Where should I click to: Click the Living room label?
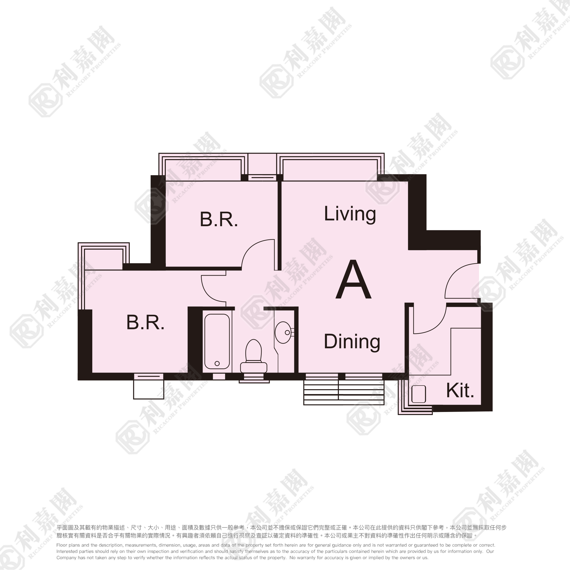(350, 215)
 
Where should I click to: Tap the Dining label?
(352, 342)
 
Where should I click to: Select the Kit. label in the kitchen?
(460, 391)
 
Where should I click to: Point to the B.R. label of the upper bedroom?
(219, 219)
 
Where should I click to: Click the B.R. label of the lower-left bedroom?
(145, 323)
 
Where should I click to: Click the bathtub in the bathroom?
(217, 341)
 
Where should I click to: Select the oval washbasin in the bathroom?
(283, 332)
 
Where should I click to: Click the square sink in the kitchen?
(419, 394)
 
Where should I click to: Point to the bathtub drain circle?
(217, 364)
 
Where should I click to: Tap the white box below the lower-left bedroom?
(148, 389)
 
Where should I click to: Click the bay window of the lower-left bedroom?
(103, 256)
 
